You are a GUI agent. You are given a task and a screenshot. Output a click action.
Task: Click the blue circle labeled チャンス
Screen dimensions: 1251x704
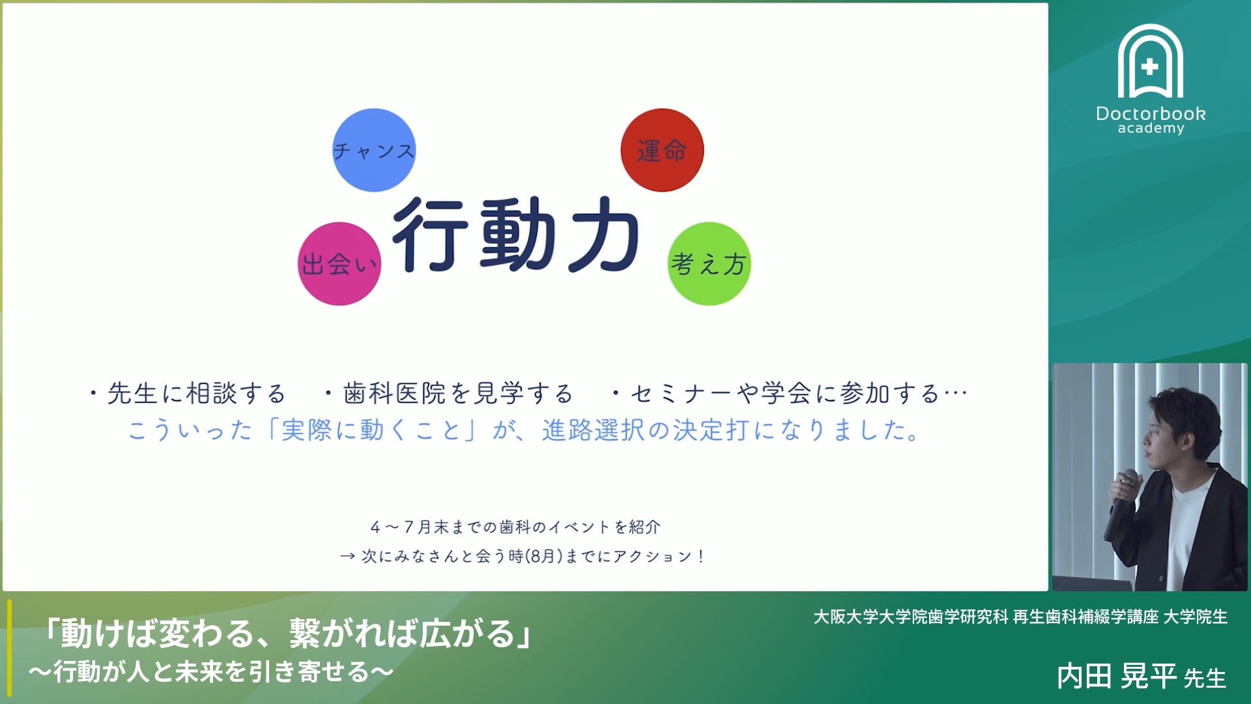[x=374, y=150]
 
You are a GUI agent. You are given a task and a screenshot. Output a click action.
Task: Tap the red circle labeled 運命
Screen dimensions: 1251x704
[x=662, y=150]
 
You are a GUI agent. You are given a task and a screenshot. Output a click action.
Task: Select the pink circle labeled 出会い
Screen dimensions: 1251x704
[x=339, y=263]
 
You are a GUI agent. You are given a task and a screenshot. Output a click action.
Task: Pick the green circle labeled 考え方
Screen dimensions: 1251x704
[x=709, y=263]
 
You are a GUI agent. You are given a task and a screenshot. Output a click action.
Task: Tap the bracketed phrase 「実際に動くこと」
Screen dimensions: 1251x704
[x=371, y=430]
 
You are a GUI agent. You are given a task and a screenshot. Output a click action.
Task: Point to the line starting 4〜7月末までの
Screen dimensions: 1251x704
[x=515, y=527]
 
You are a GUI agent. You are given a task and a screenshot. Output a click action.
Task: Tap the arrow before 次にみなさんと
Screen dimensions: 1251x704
[x=347, y=556]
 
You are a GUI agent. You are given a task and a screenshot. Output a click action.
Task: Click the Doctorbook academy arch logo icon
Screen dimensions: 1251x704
[x=1151, y=61]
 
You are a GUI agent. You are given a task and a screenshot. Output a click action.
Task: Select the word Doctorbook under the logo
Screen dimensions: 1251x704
[x=1151, y=113]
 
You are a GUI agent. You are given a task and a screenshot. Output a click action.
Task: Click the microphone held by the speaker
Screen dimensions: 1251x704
[x=1120, y=505]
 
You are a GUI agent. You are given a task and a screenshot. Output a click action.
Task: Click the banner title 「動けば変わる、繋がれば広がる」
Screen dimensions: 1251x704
[x=287, y=633]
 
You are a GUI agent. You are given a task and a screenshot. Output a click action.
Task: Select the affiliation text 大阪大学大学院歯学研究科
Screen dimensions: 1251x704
[x=911, y=617]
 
